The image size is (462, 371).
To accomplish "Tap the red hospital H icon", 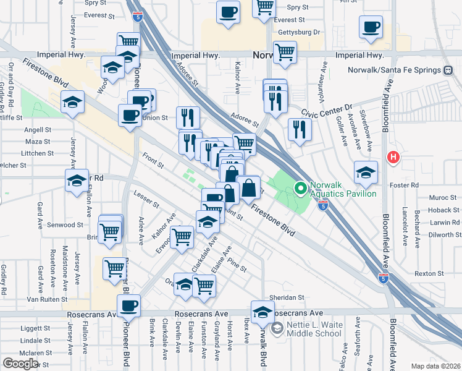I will [392, 157].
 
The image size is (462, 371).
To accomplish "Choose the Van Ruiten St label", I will [43, 299].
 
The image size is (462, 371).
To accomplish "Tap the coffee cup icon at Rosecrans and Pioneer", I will [129, 305].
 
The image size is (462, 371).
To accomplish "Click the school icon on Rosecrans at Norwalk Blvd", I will [262, 312].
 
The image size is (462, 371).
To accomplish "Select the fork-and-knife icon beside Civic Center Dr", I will [300, 130].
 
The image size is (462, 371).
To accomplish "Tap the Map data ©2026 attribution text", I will [435, 366].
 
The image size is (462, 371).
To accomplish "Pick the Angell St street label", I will [38, 130].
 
